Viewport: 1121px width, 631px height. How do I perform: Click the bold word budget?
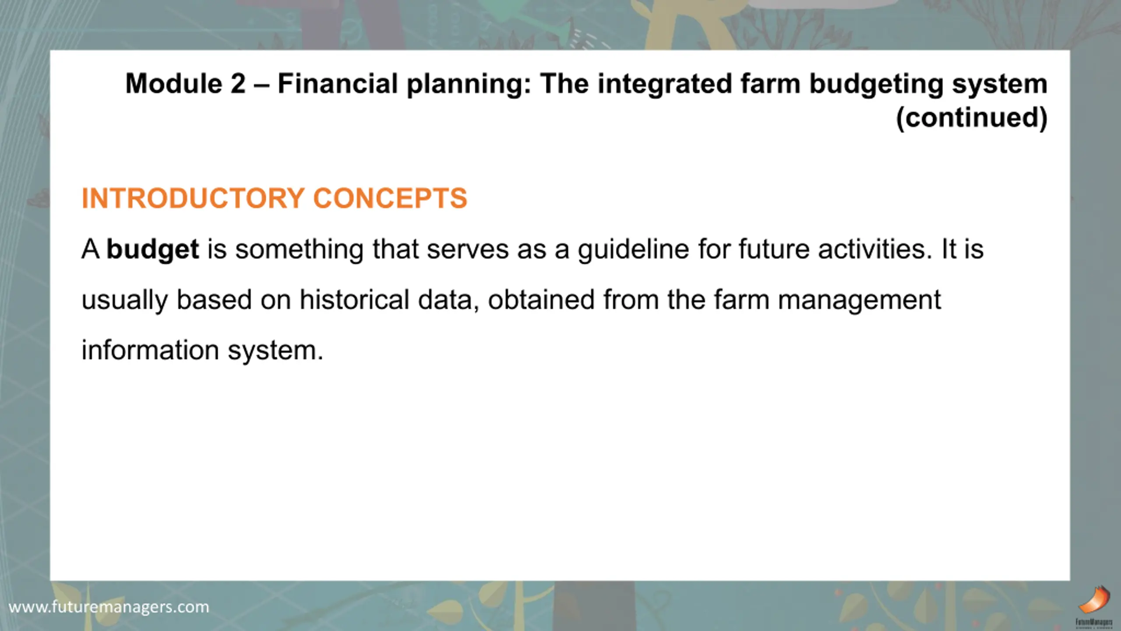tap(153, 250)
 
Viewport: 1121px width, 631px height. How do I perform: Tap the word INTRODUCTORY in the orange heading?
tap(193, 198)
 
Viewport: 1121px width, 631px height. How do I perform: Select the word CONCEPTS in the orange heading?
tap(390, 198)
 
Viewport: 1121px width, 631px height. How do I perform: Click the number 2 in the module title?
tap(238, 83)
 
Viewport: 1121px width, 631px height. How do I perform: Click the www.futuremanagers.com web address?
tap(109, 607)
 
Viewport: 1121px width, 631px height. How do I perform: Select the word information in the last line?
tap(150, 350)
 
